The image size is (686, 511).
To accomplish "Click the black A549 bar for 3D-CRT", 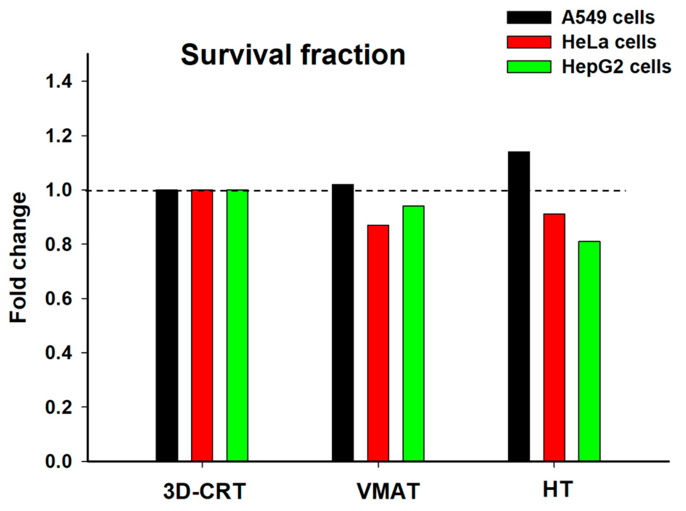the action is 167,326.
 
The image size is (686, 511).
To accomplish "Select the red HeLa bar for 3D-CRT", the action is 202,326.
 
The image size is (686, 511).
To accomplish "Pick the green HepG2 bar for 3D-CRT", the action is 238,326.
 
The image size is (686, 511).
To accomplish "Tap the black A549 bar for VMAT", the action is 343,323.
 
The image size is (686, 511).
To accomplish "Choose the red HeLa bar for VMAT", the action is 378,343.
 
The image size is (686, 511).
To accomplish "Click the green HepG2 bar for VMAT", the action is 414,334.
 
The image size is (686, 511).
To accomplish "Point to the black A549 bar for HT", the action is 519,307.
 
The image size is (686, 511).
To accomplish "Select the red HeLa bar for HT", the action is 554,338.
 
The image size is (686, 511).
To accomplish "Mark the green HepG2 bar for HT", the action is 590,351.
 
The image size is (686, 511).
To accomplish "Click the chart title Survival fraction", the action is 293,55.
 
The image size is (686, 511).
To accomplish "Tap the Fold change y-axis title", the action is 18,257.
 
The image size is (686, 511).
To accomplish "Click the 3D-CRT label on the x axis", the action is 205,491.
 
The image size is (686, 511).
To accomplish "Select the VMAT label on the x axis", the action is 388,491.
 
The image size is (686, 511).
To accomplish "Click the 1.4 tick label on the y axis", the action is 59,81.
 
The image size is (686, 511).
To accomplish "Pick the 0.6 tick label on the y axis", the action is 59,298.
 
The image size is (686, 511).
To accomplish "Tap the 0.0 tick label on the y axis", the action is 59,461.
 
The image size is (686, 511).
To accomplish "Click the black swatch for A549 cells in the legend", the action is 529,17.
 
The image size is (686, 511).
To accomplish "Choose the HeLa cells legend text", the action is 609,42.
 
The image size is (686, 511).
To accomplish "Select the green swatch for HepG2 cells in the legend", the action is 529,67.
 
